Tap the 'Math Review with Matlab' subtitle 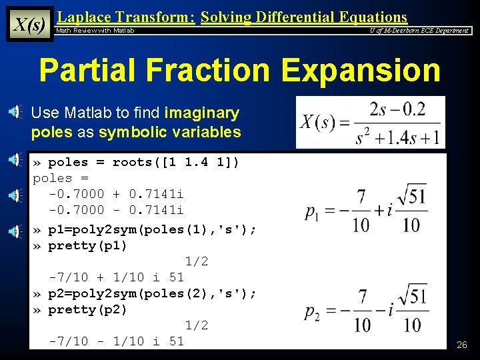point(95,31)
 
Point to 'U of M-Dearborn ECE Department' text point(419,31)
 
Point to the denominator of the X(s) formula point(397,137)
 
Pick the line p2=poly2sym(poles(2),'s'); point(152,293)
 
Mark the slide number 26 point(461,345)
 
